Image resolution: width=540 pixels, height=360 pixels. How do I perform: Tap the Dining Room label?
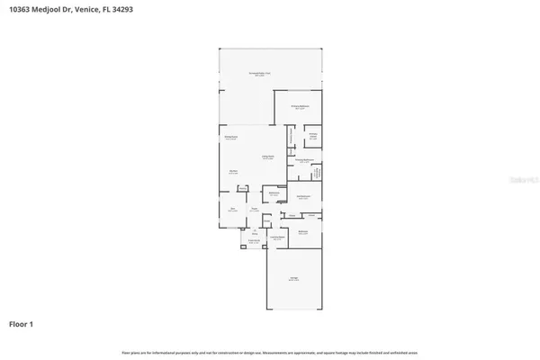pos(230,138)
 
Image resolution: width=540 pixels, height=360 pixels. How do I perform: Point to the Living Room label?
pos(267,159)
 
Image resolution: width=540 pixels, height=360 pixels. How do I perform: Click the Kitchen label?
pos(232,171)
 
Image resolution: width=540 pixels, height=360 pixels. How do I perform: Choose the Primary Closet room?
pos(313,136)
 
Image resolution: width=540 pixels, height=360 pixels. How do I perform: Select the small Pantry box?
pos(242,189)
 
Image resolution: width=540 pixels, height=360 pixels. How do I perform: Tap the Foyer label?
pos(256,210)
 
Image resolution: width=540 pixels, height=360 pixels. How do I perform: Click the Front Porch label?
pos(255,241)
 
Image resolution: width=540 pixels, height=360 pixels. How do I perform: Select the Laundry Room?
pos(278,238)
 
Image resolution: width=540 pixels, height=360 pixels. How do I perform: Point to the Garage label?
pos(293,279)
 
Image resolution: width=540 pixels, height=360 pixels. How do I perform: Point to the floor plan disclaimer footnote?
pos(269,351)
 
